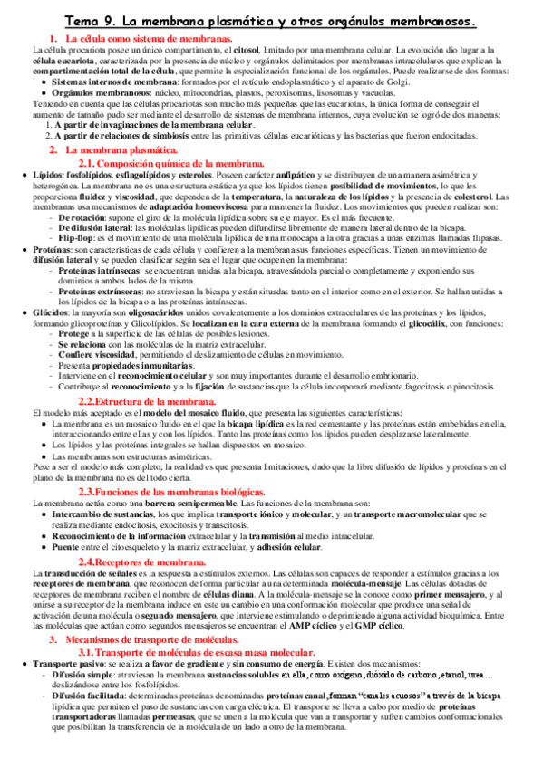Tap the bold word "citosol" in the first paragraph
(262, 50)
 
